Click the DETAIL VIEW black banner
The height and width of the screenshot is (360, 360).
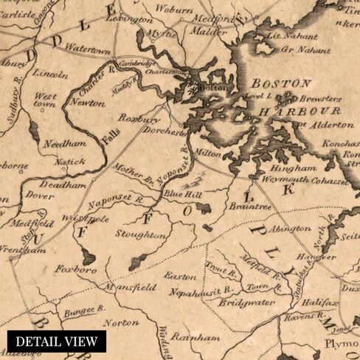click(57, 341)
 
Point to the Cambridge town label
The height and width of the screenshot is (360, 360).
click(138, 63)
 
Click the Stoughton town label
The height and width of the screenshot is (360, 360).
click(140, 235)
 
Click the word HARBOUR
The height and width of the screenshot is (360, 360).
click(299, 111)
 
